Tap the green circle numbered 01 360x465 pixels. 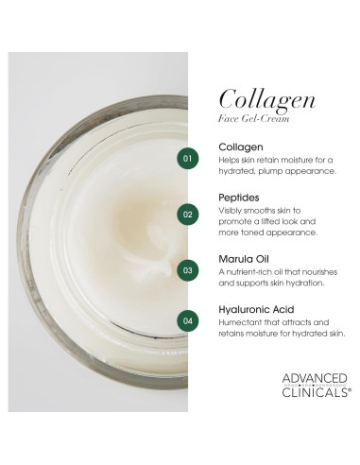pos(189,158)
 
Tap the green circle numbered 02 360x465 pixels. pos(189,214)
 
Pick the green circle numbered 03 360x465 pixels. pos(189,270)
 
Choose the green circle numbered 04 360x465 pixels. pos(189,321)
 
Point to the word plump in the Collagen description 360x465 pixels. pos(278,172)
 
